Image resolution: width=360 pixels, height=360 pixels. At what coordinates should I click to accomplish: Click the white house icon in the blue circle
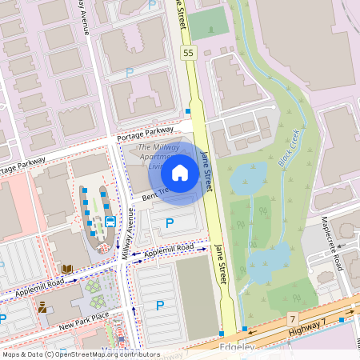pos(180,172)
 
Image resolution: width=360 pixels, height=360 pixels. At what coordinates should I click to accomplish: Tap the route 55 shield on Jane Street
pos(188,53)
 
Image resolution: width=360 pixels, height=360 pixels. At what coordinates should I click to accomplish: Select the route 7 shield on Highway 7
pos(293,319)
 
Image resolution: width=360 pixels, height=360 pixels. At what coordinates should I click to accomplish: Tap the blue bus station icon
pos(110,221)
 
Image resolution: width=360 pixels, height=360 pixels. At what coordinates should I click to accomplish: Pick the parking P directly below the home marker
pos(169,224)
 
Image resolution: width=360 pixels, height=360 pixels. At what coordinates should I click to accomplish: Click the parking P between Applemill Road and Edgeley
pos(159,305)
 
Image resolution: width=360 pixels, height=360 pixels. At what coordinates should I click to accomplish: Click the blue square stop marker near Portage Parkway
pos(188,111)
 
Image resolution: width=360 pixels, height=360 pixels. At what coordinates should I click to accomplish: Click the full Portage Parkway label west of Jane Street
pos(145,131)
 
